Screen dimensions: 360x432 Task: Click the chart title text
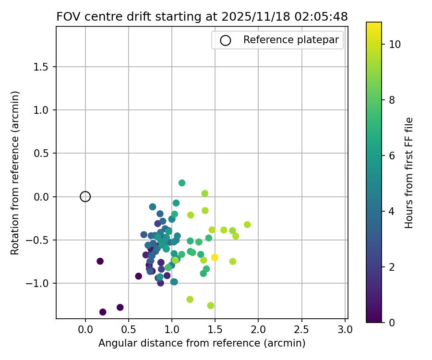[x=202, y=16]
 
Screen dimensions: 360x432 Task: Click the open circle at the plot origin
[x=85, y=196]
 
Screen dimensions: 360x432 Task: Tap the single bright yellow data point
[x=215, y=257]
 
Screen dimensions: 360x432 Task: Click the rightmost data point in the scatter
[x=247, y=225]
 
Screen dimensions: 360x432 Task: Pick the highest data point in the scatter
[x=182, y=183]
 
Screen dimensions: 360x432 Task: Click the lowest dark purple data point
[x=103, y=312]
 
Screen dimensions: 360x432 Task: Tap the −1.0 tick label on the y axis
[x=40, y=283]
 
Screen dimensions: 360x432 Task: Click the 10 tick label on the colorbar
[x=395, y=44]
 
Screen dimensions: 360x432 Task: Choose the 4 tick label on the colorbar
[x=392, y=211]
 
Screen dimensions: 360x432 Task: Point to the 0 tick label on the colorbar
[x=392, y=323]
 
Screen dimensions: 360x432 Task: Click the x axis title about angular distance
[x=202, y=343]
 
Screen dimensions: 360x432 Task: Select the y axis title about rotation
[x=15, y=173]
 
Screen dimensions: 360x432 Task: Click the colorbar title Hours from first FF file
[x=409, y=173]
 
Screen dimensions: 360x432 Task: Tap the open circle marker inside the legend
[x=226, y=40]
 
